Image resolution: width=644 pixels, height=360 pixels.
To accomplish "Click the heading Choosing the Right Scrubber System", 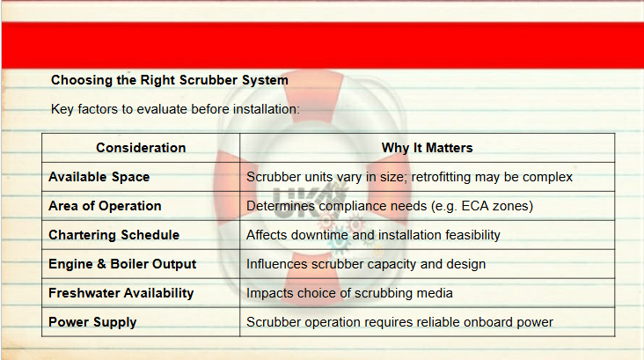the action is pyautogui.click(x=169, y=80).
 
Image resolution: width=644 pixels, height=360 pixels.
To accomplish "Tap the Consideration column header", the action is pyautogui.click(x=141, y=148).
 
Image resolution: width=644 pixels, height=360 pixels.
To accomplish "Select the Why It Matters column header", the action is pyautogui.click(x=428, y=148).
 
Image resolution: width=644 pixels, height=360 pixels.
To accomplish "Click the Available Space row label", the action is pyautogui.click(x=99, y=177).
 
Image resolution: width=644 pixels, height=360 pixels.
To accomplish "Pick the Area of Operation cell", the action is pyautogui.click(x=105, y=206).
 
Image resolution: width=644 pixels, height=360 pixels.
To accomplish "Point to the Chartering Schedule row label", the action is pyautogui.click(x=113, y=235).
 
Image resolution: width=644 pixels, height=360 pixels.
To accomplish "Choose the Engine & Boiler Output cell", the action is pyautogui.click(x=122, y=264).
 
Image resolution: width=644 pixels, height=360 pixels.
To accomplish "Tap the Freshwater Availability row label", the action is pyautogui.click(x=121, y=293).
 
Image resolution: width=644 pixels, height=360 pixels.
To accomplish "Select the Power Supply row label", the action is pyautogui.click(x=92, y=323).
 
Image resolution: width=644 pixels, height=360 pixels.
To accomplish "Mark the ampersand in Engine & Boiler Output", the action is pyautogui.click(x=101, y=264).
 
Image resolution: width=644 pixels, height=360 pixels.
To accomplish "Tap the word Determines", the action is pyautogui.click(x=281, y=206).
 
